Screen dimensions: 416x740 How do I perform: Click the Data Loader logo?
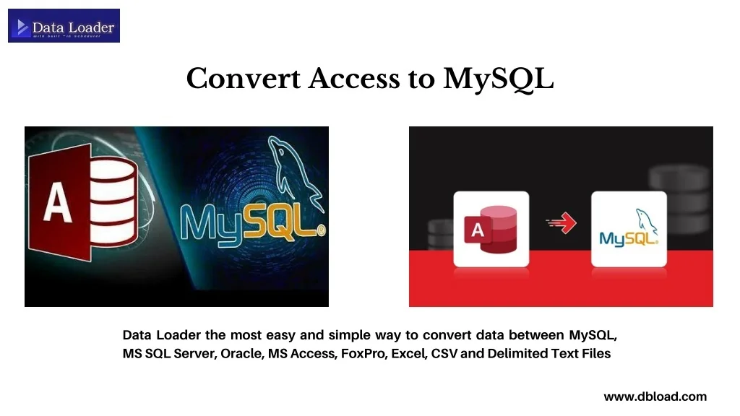[x=64, y=26]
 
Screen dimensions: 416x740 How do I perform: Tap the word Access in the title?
[x=354, y=79]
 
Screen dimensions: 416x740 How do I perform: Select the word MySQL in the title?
[x=498, y=79]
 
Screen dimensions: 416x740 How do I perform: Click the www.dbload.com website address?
[x=655, y=396]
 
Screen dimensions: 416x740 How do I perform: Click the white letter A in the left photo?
[x=57, y=204]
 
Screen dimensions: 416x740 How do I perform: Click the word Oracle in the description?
[x=241, y=354]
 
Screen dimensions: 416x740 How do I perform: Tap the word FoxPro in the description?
[x=363, y=354]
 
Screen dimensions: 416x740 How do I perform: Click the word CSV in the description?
[x=444, y=354]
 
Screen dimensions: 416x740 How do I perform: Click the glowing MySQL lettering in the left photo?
[x=249, y=222]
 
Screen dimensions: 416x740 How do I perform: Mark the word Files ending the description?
[x=595, y=354]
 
